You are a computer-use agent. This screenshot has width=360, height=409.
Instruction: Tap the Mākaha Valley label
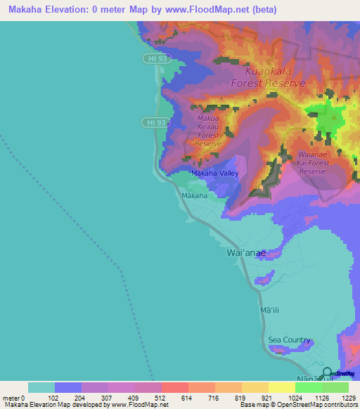tap(215, 173)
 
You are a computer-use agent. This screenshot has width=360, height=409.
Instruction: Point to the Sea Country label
tap(289, 340)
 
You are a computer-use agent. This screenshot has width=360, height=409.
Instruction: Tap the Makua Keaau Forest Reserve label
tap(208, 131)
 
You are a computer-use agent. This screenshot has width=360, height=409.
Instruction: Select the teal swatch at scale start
tap(41, 387)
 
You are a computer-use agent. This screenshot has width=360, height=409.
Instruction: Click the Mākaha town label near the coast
tap(193, 195)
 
